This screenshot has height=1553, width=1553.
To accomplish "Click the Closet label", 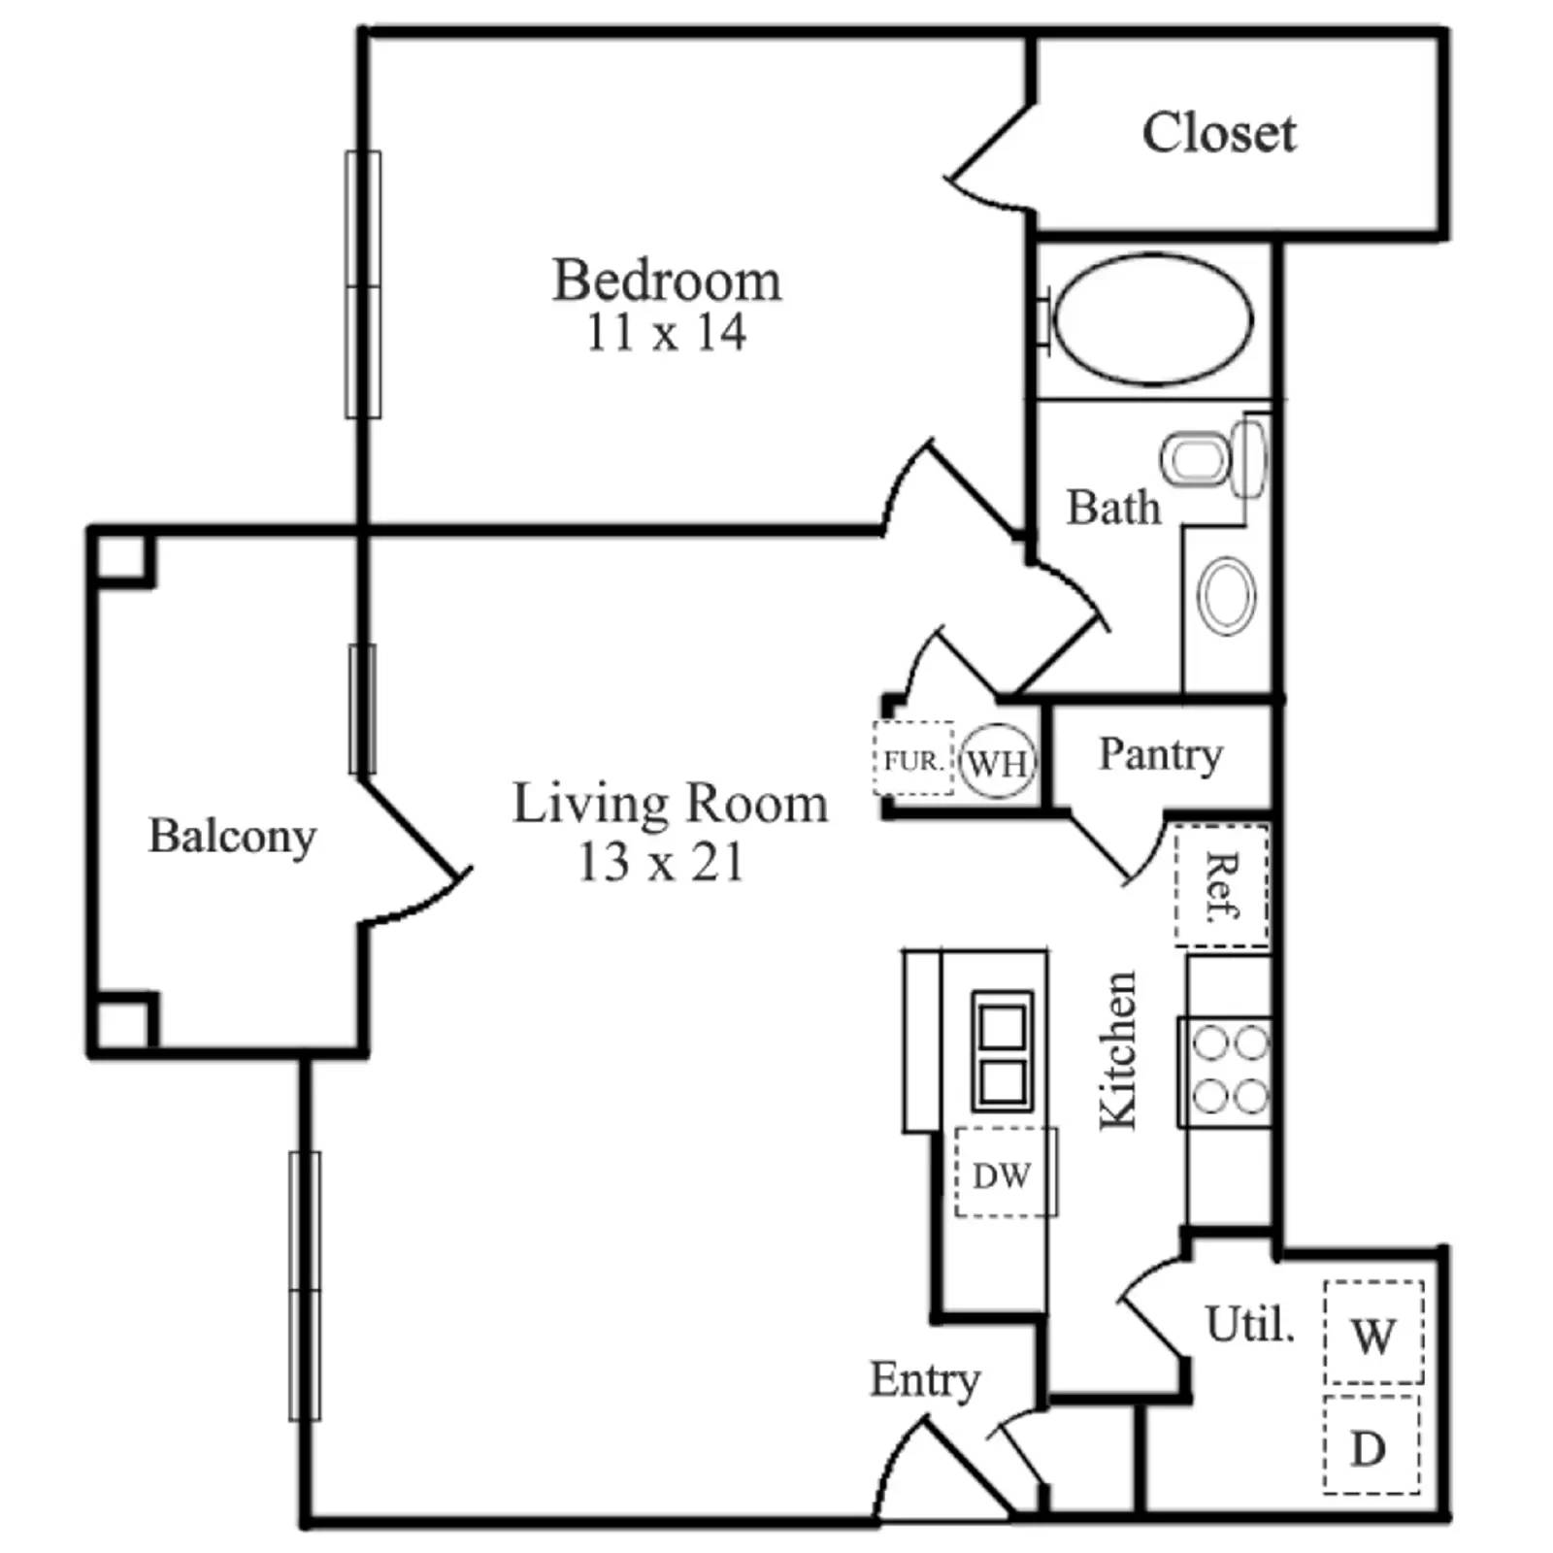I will tap(1218, 133).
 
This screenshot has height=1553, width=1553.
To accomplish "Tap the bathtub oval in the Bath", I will tap(1152, 319).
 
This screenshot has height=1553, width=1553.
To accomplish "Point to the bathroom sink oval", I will tap(1227, 596).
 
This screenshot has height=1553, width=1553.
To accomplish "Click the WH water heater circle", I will tap(997, 762).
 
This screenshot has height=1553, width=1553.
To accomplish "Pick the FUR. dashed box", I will tap(913, 760).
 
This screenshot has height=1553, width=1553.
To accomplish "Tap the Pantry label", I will tap(1160, 754).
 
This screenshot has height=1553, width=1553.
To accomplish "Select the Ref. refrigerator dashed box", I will tap(1222, 885).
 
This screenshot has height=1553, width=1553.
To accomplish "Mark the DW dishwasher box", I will tap(1003, 1173).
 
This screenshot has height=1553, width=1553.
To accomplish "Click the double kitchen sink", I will tap(1002, 1051).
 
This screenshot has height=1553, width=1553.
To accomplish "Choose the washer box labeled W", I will tap(1373, 1333).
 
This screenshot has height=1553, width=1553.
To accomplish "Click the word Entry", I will tap(924, 1379).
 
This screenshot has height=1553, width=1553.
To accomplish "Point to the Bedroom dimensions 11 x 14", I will tap(666, 333).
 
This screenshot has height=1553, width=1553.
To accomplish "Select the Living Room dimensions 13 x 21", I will tap(661, 862).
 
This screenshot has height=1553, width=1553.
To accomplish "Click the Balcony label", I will tap(232, 836).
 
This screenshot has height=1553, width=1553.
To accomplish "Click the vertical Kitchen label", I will tap(1117, 1050).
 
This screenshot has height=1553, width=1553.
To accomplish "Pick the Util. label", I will tap(1249, 1324).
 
